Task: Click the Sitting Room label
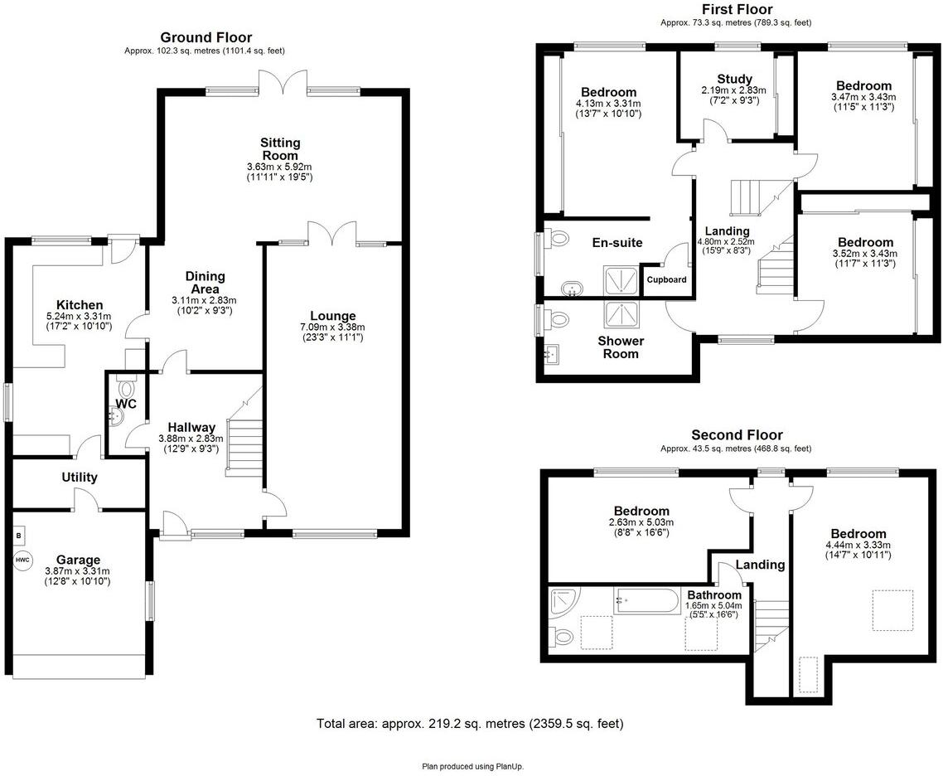click(280, 149)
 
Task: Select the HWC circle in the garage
click(22, 560)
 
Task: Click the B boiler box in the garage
click(18, 536)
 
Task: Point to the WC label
click(126, 404)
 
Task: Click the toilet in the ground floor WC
click(126, 386)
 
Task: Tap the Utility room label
click(80, 478)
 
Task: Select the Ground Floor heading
click(206, 37)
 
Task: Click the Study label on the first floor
click(734, 80)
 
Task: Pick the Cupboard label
click(666, 280)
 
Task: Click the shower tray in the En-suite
click(618, 279)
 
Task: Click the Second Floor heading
click(737, 435)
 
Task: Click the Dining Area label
click(205, 282)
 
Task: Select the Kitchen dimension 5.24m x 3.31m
click(80, 316)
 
